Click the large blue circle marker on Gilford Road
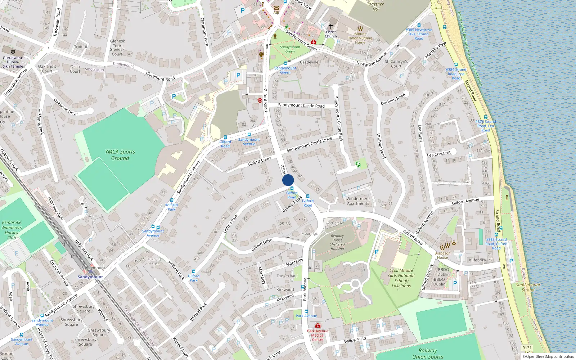(x=288, y=180)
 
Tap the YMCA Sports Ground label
(x=120, y=155)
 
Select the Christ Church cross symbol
(x=330, y=26)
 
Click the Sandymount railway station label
(x=90, y=277)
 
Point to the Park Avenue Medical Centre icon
(x=318, y=326)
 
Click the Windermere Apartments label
(x=358, y=201)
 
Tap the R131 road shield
(x=527, y=348)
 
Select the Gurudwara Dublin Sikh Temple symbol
(x=13, y=52)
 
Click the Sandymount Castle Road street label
(x=301, y=105)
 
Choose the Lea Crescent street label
(x=438, y=153)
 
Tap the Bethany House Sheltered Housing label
(x=337, y=242)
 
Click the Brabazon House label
(x=442, y=255)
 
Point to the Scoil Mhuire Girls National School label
(x=401, y=278)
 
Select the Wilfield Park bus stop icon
(x=172, y=200)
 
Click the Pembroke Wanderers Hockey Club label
(x=12, y=230)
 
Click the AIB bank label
(x=276, y=12)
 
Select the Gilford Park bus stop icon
(x=194, y=271)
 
